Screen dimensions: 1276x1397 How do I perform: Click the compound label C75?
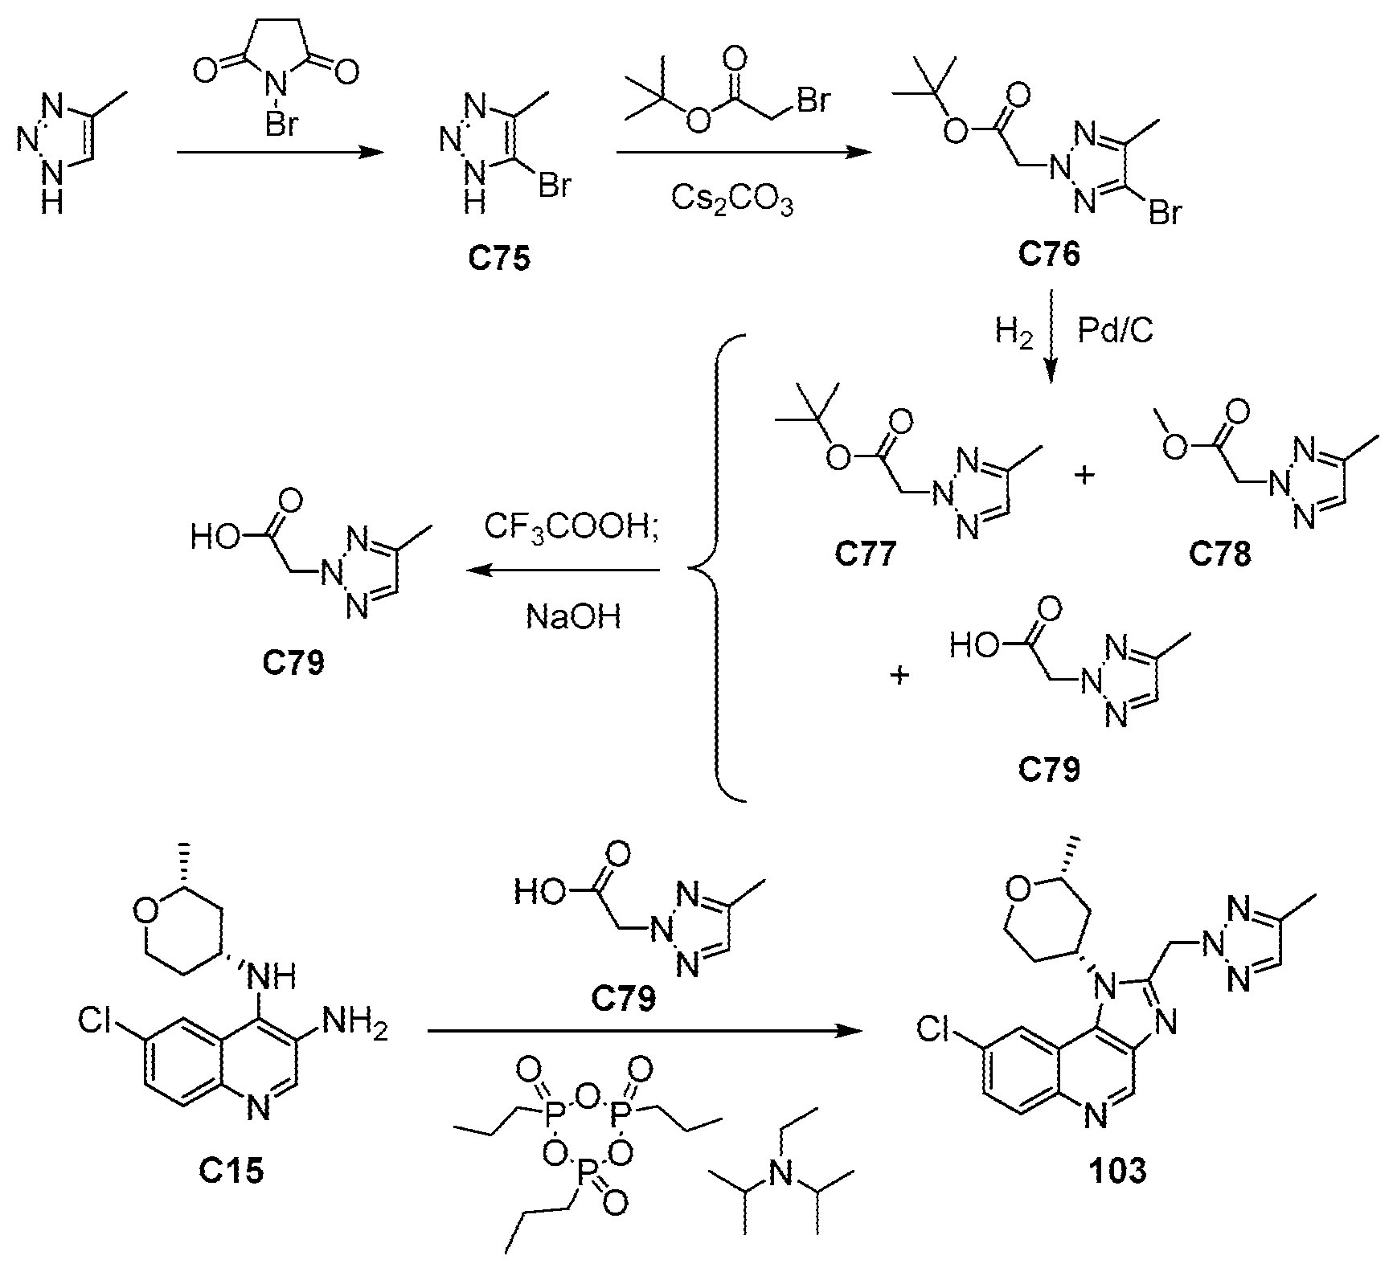click(x=498, y=260)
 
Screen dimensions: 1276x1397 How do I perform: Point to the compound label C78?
click(x=1219, y=555)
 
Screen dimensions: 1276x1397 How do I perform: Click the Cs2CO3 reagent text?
click(x=731, y=200)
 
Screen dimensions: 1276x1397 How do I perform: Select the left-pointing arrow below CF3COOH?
click(x=563, y=571)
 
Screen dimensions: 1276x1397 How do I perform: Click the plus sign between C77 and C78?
click(x=1084, y=476)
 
